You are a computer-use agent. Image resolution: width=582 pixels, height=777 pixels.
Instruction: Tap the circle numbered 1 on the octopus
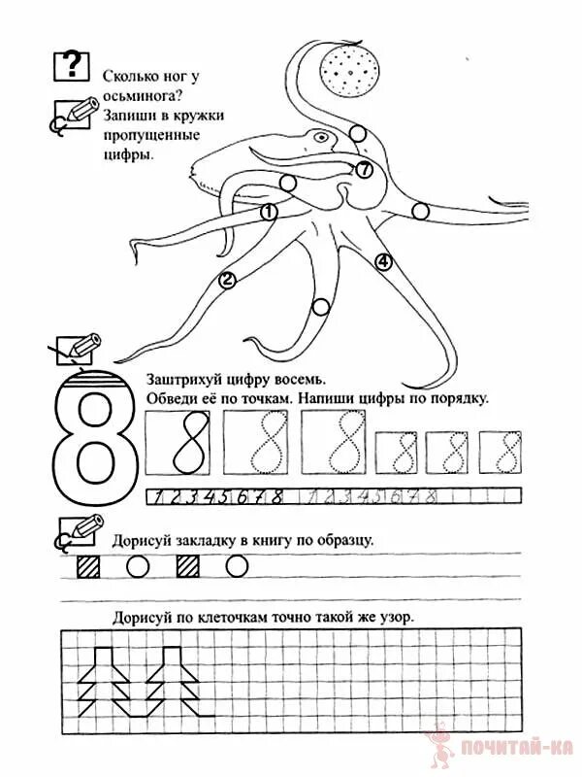pos(269,211)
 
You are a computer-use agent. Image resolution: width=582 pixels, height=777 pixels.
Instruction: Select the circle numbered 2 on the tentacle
pos(228,281)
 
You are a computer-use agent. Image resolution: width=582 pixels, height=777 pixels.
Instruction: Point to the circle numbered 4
pos(383,261)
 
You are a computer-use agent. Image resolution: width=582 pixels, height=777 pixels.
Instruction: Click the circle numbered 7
pos(364,170)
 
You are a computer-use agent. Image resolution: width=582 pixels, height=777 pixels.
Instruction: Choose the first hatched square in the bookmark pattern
pos(87,565)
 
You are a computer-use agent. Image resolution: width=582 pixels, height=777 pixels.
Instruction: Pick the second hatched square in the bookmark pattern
pos(186,565)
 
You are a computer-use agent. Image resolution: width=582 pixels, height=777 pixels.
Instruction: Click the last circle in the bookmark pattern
pos(237,565)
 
